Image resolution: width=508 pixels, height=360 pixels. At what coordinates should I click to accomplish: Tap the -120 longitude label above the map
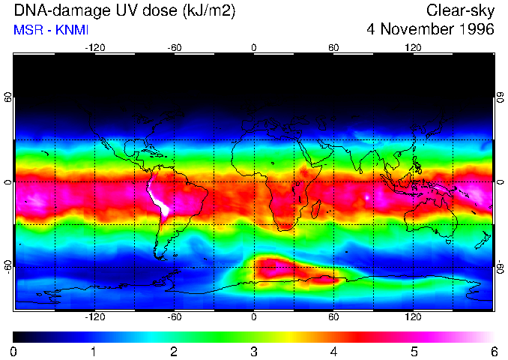tap(94, 47)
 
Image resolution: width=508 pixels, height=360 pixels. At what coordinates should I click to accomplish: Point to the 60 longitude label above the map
tap(333, 47)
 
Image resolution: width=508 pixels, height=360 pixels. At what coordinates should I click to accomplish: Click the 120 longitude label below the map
tap(413, 317)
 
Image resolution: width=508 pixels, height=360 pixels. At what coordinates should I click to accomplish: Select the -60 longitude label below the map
tap(174, 317)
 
